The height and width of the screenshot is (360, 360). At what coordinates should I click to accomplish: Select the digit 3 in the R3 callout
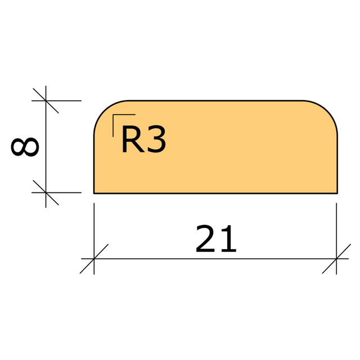[x=156, y=141]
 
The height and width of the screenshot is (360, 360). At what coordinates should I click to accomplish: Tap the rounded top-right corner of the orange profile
[x=328, y=110]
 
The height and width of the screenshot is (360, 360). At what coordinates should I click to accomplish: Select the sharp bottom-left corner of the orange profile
[x=94, y=192]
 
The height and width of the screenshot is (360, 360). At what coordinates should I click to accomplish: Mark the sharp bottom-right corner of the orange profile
[x=337, y=192]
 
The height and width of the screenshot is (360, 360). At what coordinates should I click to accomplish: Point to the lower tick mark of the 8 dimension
[x=46, y=192]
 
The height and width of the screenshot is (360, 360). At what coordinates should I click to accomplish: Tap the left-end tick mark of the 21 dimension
[x=94, y=259]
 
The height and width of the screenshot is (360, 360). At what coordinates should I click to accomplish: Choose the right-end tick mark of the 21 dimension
[x=336, y=259]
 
